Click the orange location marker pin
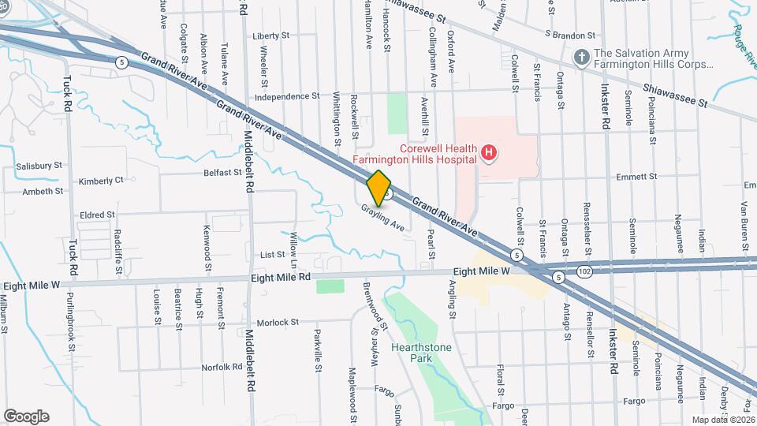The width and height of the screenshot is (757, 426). [x=379, y=188]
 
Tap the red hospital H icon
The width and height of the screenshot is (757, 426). [x=489, y=152]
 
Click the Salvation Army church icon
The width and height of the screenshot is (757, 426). [x=581, y=57]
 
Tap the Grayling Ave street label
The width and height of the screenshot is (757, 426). [x=383, y=219]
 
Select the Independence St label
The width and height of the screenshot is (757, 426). [x=286, y=96]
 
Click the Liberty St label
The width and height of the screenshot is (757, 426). [x=272, y=36]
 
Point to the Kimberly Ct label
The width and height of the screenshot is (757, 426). [x=101, y=181]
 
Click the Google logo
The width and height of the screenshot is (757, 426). [x=26, y=416]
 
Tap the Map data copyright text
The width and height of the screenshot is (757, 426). [x=723, y=420]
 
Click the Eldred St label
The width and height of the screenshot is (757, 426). [x=97, y=214]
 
